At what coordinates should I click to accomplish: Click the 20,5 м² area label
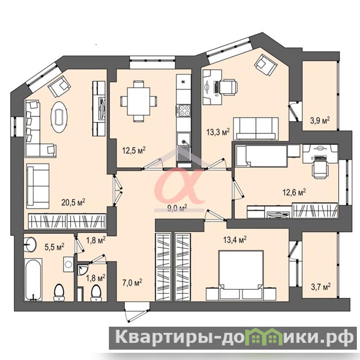[x=73, y=202]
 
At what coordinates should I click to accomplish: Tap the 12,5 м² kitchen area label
[x=134, y=151]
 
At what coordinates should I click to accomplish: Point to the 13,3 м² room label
[x=218, y=132]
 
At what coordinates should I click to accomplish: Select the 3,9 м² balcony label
[x=320, y=120]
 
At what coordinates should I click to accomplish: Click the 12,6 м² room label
[x=294, y=193]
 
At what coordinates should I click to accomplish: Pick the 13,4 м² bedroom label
[x=235, y=240]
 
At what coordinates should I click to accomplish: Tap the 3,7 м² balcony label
[x=321, y=287]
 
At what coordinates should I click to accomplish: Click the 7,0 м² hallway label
[x=132, y=283]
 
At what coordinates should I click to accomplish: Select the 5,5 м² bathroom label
[x=54, y=247]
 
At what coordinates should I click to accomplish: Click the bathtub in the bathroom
[x=33, y=279]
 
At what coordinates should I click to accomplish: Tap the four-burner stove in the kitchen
[x=184, y=110]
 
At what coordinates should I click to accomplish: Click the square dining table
[x=139, y=101]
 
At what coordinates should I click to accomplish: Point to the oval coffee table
[x=59, y=117]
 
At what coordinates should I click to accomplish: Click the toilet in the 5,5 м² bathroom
[x=59, y=292]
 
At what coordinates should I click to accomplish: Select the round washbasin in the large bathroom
[x=30, y=243]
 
